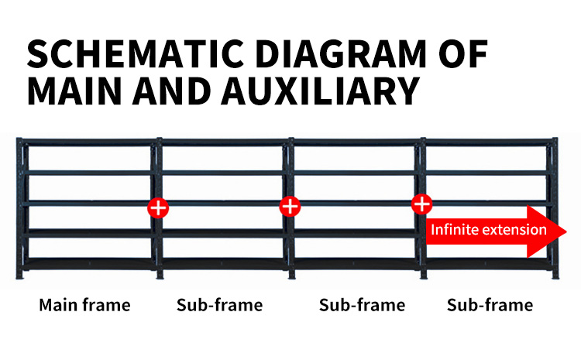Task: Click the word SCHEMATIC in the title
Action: (136, 54)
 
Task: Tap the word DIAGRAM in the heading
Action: (341, 54)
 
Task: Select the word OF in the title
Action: (462, 54)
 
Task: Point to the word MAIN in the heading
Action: (74, 91)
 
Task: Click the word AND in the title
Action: (171, 91)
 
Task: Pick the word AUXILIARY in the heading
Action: (321, 91)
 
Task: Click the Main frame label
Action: (85, 305)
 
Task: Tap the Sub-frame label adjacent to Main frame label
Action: (220, 305)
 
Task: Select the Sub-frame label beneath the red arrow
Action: (490, 305)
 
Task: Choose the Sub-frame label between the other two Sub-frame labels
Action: (362, 305)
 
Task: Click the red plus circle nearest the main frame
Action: (158, 207)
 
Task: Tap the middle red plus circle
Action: (290, 206)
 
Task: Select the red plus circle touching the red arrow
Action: (421, 204)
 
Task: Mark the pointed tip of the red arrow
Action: (566, 231)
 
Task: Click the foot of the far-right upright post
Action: (555, 275)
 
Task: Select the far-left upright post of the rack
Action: (19, 208)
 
